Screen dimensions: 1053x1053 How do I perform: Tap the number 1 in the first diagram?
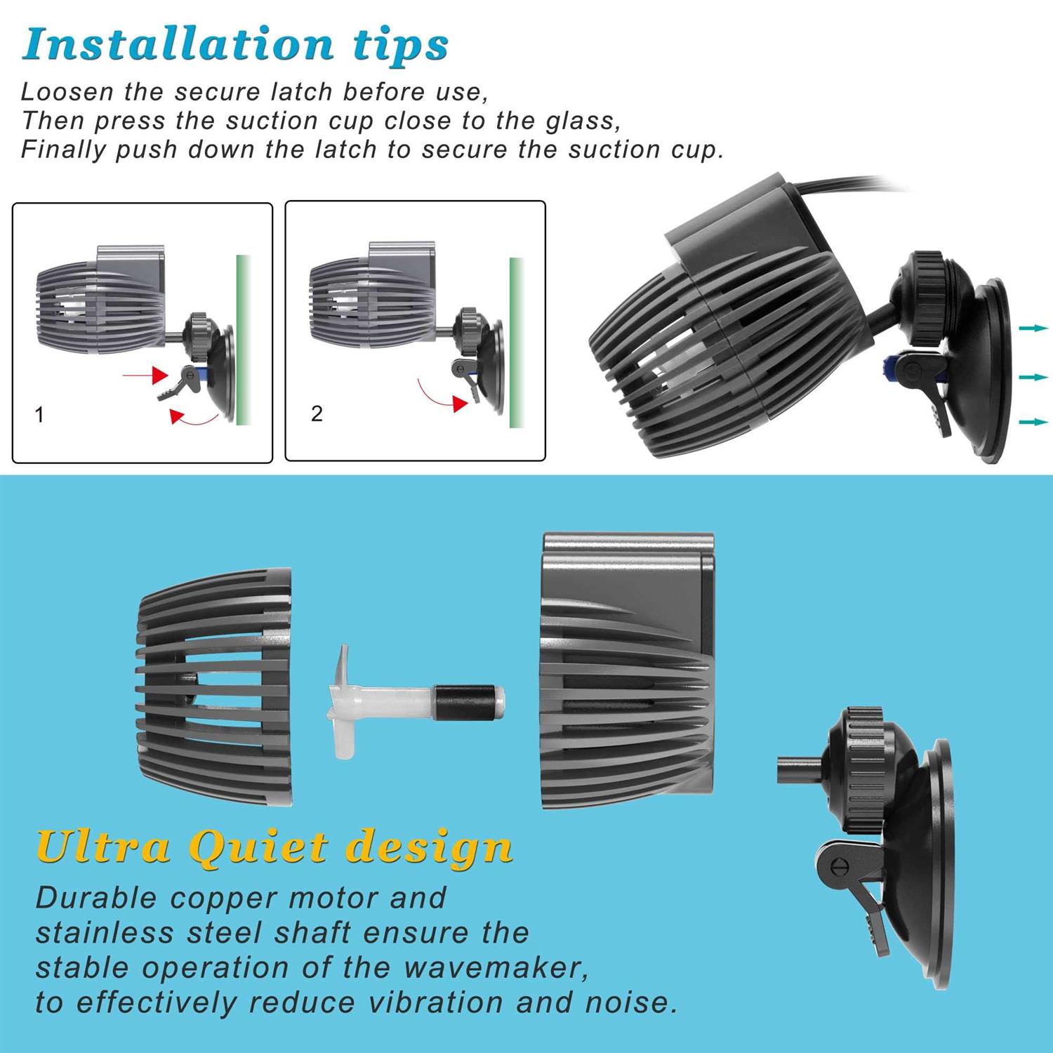tap(39, 415)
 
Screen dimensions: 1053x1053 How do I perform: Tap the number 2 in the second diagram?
tap(317, 414)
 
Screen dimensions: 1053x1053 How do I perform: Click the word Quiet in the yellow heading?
tap(260, 848)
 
